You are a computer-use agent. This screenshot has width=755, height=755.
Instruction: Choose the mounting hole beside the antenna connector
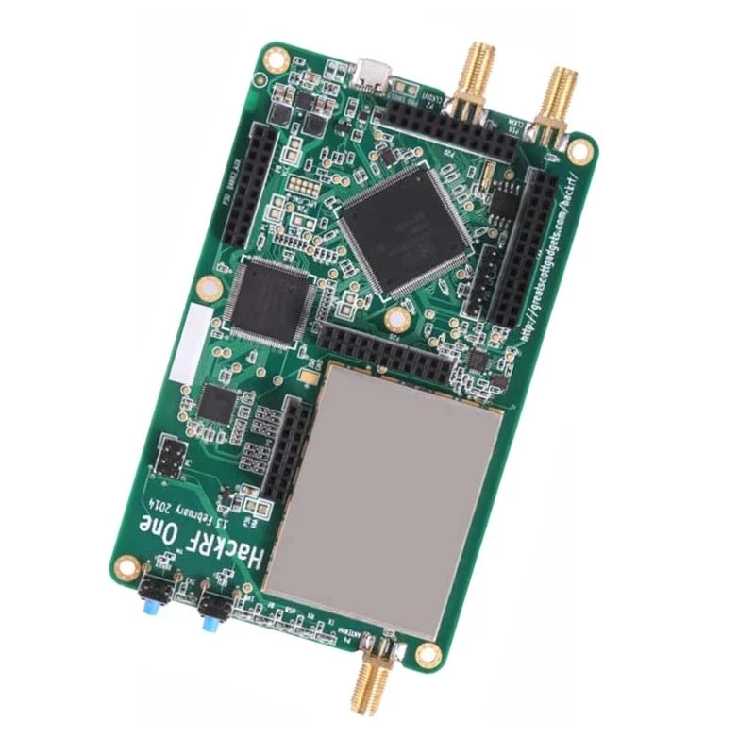428,652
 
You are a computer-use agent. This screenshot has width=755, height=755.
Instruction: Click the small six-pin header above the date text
172,458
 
